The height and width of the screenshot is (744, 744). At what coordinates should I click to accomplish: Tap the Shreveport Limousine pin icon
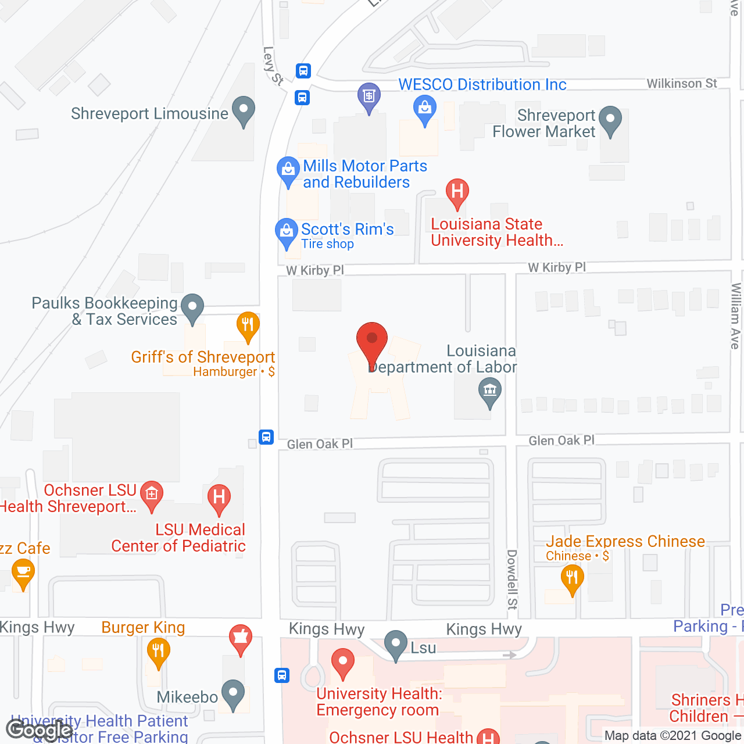point(243,110)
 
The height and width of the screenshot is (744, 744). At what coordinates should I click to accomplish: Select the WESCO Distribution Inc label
point(482,85)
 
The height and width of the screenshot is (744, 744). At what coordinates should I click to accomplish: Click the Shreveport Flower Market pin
point(610,120)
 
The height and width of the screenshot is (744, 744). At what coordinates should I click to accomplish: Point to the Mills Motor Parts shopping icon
point(288,171)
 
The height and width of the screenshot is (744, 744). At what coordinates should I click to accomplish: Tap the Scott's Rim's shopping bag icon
point(286,233)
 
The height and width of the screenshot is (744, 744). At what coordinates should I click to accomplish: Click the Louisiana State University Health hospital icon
point(457,192)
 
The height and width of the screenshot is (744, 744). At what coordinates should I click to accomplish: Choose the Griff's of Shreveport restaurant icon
point(248,325)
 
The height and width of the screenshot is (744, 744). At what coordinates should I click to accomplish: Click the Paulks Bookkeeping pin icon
point(192,308)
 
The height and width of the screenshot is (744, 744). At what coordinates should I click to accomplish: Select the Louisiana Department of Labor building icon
point(490,391)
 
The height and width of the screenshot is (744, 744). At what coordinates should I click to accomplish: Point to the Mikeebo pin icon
point(233,695)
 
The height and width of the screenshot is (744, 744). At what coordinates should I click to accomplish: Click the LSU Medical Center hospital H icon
point(219,498)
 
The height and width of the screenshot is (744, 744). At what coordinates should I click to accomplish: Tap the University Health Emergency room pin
point(343,663)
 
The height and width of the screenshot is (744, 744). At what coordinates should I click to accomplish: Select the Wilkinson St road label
point(682,84)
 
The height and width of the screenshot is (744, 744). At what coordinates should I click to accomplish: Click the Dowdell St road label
point(512,580)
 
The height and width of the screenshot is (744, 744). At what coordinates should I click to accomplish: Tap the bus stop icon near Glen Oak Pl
point(266,437)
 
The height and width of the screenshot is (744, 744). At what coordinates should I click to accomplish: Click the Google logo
point(40,729)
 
